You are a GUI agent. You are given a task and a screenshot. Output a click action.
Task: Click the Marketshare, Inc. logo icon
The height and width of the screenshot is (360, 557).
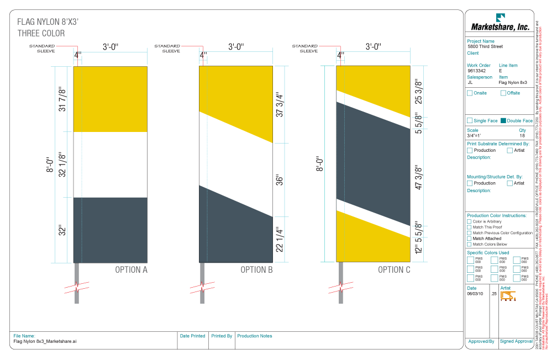tap(500, 17)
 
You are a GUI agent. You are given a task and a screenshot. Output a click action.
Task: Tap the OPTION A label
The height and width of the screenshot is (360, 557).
tap(131, 270)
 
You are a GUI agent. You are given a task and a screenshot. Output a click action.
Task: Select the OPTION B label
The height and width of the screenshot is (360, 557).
tap(257, 270)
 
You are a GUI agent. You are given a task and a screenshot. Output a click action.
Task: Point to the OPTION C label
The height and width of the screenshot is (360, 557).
tap(394, 270)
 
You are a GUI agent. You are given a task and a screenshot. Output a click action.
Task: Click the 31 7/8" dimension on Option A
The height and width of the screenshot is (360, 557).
tap(62, 99)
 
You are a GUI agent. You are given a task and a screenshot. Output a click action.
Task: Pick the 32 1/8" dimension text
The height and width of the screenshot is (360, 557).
tap(62, 165)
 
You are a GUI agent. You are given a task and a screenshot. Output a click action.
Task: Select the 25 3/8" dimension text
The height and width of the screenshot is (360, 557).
tap(418, 92)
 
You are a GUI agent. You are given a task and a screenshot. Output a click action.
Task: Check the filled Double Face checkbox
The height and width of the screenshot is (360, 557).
tap(503, 120)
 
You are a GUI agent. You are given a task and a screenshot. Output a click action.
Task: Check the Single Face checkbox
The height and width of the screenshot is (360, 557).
tap(470, 120)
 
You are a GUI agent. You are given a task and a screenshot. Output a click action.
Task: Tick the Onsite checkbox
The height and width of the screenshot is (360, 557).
tap(470, 93)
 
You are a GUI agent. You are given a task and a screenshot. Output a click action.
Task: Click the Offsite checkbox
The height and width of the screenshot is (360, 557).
tap(503, 93)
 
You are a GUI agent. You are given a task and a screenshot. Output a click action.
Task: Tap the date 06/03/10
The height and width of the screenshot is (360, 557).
tap(475, 294)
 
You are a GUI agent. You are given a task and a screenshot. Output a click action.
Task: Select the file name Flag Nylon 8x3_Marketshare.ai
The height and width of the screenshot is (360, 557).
tap(44, 342)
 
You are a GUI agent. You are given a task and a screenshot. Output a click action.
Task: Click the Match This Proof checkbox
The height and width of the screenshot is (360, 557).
tap(470, 227)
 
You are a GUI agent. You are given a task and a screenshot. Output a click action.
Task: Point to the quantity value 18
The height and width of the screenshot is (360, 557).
tap(522, 135)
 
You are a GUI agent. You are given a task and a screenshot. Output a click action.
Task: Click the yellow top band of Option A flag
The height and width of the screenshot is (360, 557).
tap(110, 99)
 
